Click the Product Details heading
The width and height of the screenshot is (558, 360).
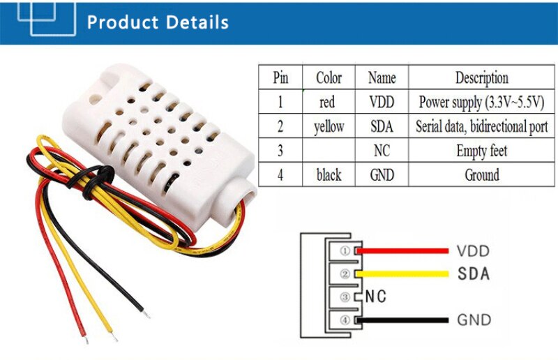(158, 22)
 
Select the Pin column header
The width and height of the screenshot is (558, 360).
(280, 77)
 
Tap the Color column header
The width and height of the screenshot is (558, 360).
(329, 77)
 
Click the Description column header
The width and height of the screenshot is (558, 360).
(481, 77)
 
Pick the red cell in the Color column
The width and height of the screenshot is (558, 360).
(327, 102)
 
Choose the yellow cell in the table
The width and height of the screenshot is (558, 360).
(329, 127)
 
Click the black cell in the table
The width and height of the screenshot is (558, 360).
(329, 174)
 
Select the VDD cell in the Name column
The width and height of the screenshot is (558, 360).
(382, 102)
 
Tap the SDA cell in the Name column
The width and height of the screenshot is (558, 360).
(382, 127)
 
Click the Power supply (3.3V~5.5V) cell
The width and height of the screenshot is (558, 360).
(481, 102)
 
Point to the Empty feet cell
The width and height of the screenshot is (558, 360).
(481, 151)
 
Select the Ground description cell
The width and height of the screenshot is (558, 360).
(481, 174)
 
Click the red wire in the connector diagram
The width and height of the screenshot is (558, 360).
(405, 250)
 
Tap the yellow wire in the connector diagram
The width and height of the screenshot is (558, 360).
(405, 273)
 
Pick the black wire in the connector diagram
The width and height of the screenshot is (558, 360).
(405, 320)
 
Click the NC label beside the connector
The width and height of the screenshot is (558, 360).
(376, 297)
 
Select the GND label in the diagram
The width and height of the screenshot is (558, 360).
(474, 321)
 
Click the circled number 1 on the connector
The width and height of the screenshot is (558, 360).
(344, 250)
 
